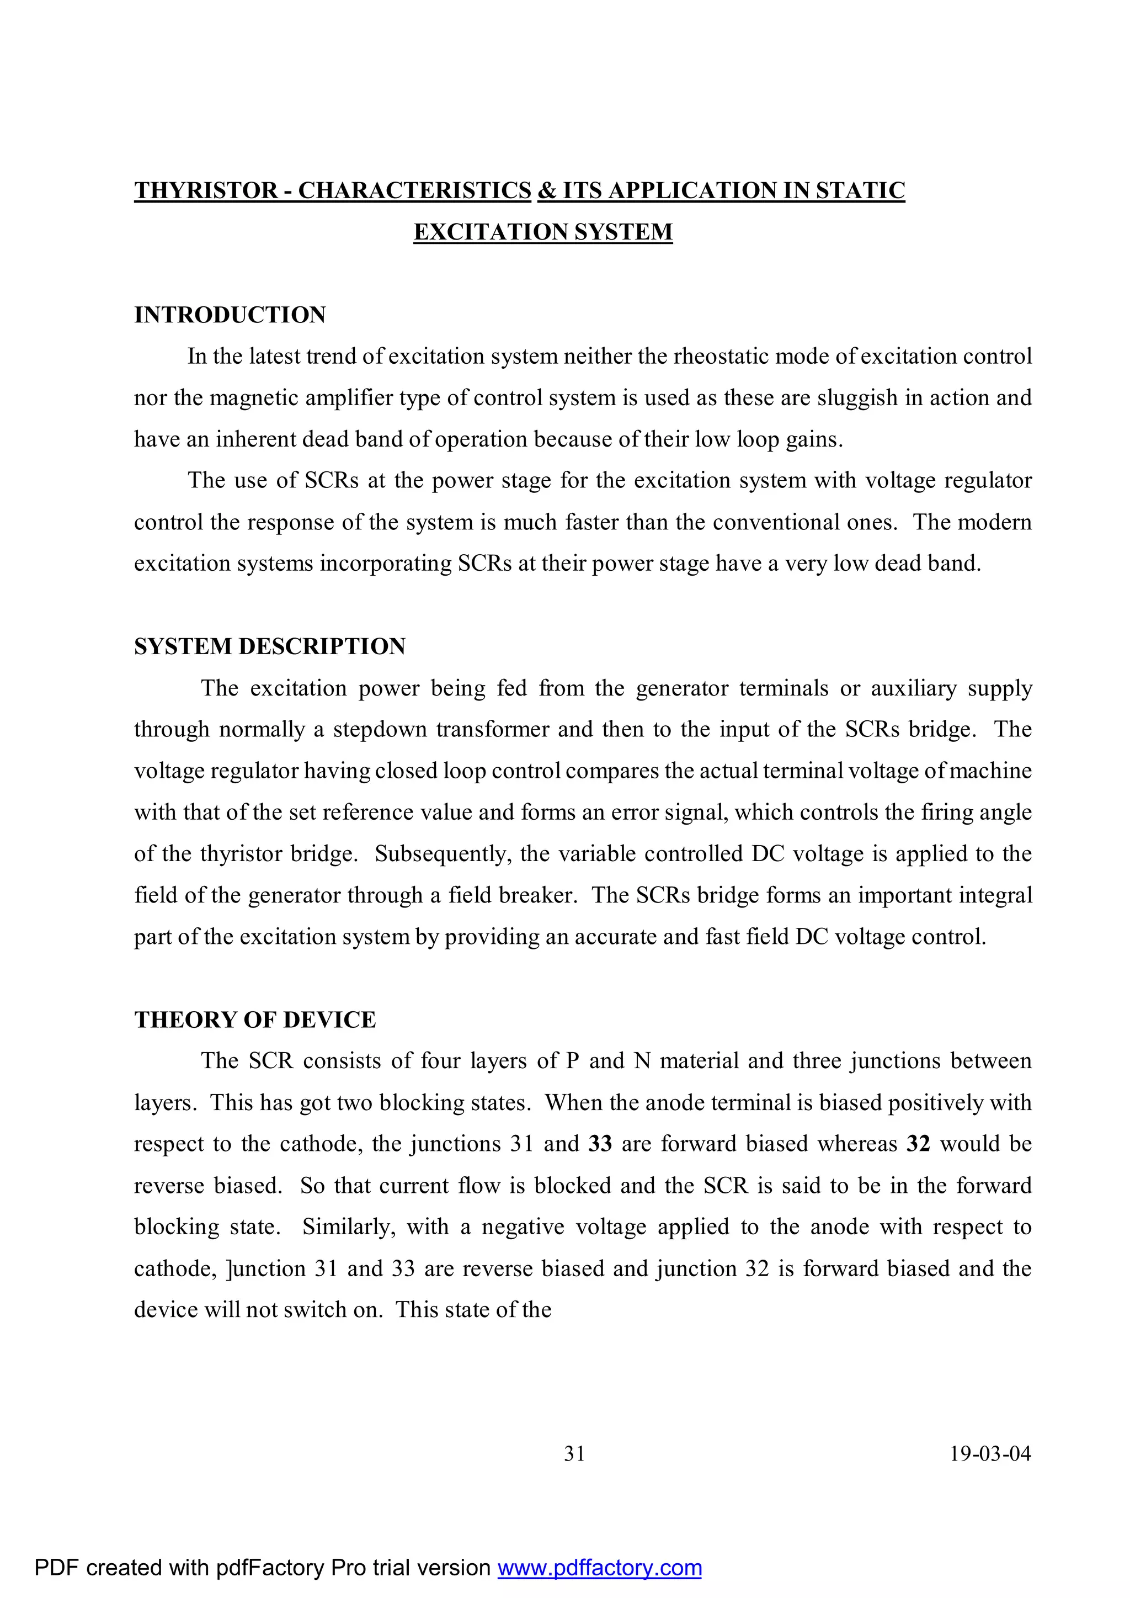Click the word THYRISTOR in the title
205,190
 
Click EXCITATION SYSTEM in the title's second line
543,232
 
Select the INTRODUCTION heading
230,315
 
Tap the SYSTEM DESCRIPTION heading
269,646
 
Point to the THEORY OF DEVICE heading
255,1020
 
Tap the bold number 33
600,1144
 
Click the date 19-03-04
990,1454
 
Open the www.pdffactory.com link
599,1568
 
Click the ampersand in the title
546,190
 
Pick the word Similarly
349,1227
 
